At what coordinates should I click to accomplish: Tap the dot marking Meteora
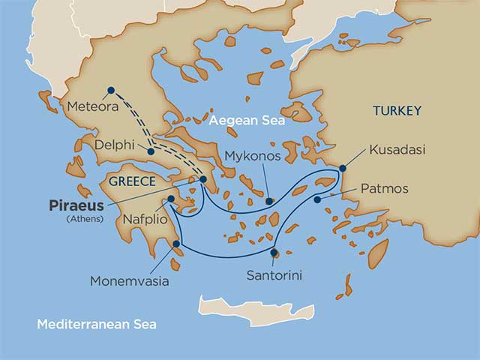[x=111, y=90]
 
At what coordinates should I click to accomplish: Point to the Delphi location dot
[x=151, y=151]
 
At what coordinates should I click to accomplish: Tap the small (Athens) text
[x=84, y=218]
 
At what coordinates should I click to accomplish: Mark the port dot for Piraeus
[x=202, y=179]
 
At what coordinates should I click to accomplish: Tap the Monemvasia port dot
[x=176, y=244]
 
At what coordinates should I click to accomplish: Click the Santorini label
[x=274, y=275]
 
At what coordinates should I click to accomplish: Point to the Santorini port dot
[x=274, y=252]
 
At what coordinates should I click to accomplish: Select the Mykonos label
[x=252, y=157]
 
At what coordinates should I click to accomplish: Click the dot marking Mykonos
[x=270, y=201]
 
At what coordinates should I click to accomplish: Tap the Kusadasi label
[x=397, y=150]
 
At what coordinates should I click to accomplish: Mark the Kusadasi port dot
[x=343, y=168]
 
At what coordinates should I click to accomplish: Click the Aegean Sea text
[x=247, y=120]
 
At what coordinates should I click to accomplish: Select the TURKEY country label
[x=397, y=111]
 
